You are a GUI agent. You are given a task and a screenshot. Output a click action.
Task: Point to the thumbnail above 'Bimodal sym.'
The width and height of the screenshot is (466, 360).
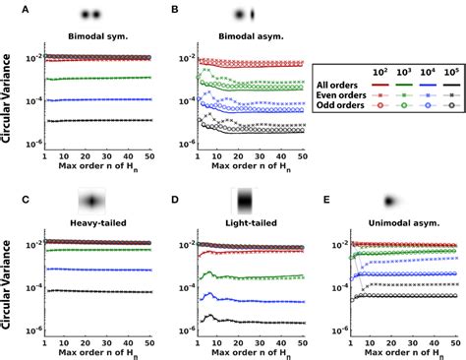tap(90, 16)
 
